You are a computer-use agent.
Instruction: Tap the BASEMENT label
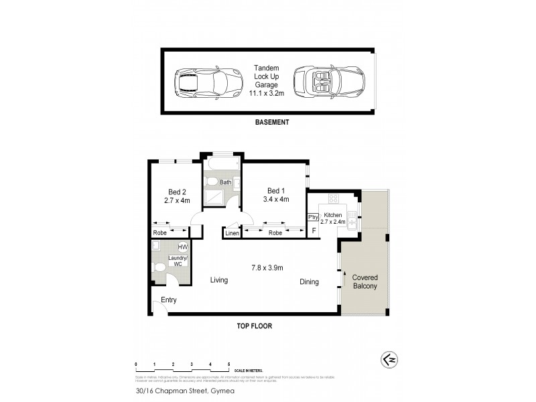point(272,123)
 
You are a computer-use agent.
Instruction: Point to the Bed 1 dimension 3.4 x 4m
point(276,199)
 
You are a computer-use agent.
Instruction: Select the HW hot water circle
point(183,247)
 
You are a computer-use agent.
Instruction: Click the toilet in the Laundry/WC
point(159,268)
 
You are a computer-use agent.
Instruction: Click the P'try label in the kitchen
point(313,217)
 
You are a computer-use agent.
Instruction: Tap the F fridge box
point(313,231)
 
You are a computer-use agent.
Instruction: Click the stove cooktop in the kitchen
point(333,199)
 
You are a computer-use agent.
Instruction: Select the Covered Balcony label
point(364,281)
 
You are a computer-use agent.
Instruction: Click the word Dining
point(309,282)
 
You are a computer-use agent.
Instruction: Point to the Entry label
point(169,300)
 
